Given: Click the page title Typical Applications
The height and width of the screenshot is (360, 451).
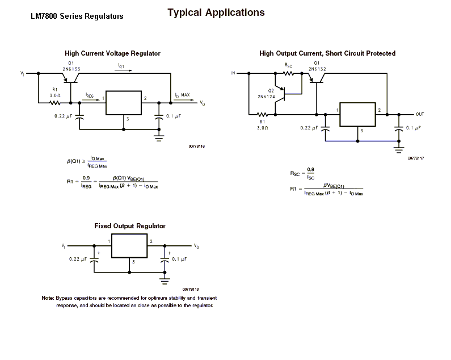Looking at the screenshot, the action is click(216, 12).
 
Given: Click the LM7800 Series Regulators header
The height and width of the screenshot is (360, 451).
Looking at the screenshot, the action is click(77, 16).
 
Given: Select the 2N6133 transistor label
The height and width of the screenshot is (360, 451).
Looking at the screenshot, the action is click(71, 69).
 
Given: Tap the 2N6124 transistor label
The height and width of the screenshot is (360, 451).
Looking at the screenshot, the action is click(266, 97).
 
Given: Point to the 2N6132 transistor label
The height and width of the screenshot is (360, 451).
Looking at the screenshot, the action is click(317, 69).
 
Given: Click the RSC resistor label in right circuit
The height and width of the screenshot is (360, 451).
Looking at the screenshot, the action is click(288, 66).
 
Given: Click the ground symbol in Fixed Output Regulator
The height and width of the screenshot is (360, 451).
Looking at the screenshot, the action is click(165, 281).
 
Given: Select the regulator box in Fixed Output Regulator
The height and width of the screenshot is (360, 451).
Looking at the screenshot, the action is click(129, 246).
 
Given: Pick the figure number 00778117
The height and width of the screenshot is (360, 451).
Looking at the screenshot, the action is click(416, 158).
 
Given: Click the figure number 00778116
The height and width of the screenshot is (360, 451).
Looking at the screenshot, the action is click(197, 146).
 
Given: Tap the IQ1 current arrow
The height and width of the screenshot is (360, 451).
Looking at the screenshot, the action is click(124, 70).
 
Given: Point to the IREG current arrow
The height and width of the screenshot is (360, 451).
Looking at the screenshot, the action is click(91, 100).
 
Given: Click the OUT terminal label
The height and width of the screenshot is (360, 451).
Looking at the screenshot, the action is click(420, 114).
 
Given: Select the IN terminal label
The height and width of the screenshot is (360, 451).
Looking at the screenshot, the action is click(233, 73).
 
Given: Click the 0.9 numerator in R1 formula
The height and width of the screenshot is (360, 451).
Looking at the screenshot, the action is click(86, 178).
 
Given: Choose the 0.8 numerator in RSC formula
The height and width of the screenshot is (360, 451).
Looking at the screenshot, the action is click(311, 170).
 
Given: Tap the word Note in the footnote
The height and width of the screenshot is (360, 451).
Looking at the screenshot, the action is click(48, 298).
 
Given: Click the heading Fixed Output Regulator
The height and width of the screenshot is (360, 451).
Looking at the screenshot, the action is click(130, 226).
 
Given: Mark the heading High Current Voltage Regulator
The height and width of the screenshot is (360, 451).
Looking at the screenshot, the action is click(112, 53).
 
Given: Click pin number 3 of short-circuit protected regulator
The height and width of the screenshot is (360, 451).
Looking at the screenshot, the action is click(362, 131).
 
